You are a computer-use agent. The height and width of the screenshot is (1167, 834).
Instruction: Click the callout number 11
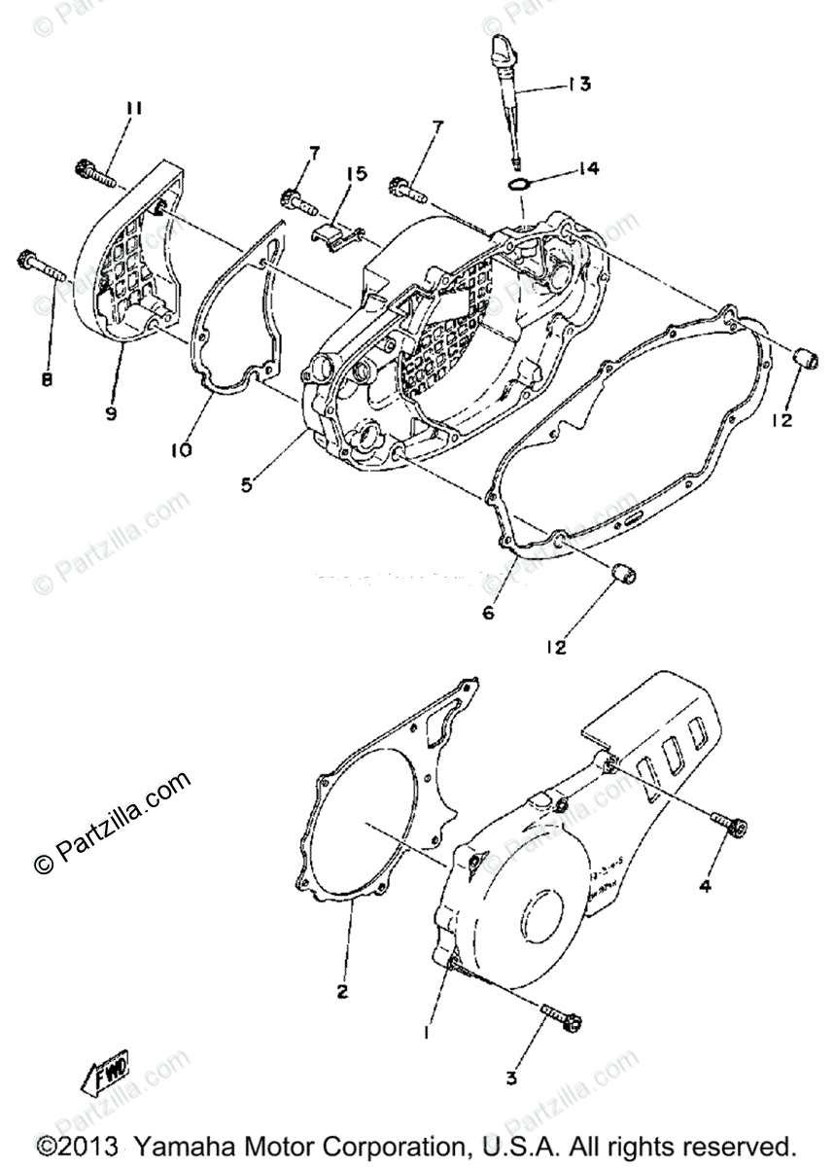(x=133, y=109)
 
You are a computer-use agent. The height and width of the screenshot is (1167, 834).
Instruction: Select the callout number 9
(x=112, y=412)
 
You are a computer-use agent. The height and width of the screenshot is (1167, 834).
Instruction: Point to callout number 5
(x=248, y=483)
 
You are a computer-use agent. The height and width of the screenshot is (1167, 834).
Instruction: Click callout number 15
(x=357, y=174)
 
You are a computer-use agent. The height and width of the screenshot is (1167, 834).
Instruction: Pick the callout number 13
(x=579, y=85)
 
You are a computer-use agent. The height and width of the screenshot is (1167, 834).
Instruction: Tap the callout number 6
(x=489, y=613)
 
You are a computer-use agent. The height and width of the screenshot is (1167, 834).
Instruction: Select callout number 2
(x=342, y=992)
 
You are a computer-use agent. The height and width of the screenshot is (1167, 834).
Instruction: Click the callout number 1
(x=425, y=1034)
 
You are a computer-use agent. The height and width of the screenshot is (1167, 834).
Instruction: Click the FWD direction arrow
(x=105, y=1073)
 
